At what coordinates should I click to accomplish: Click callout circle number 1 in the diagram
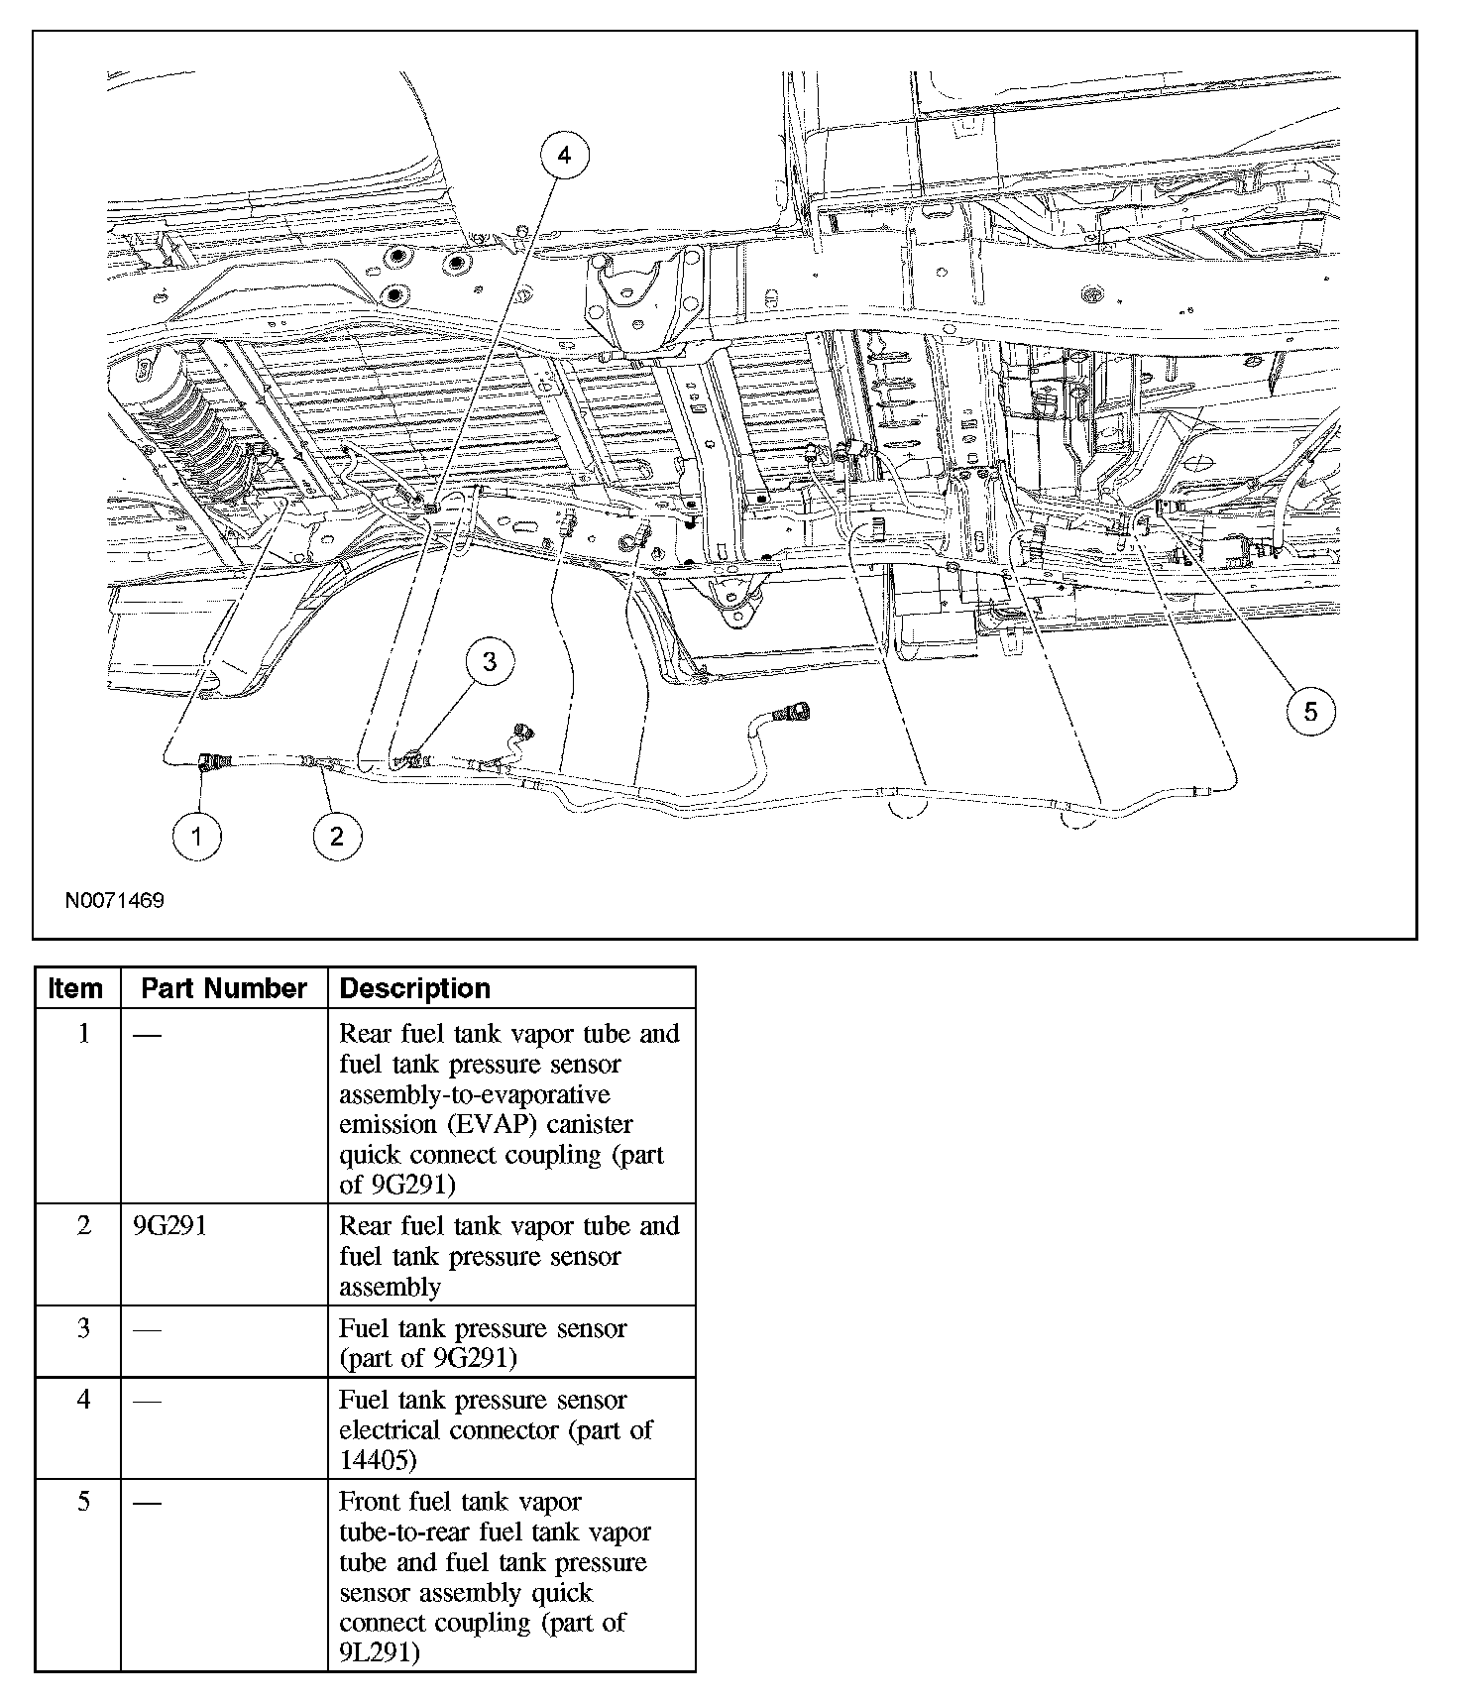click(x=196, y=836)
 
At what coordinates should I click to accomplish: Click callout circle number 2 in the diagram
click(x=336, y=836)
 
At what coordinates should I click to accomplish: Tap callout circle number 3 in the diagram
click(x=490, y=661)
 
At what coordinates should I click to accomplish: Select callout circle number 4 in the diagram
click(x=564, y=156)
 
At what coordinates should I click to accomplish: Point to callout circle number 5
click(x=1310, y=712)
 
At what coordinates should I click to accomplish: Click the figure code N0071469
click(x=114, y=901)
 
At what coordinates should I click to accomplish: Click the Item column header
click(x=76, y=988)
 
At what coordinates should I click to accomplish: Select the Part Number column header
click(x=224, y=988)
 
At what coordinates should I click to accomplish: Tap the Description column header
click(x=414, y=988)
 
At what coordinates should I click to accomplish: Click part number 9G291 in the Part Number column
click(x=169, y=1226)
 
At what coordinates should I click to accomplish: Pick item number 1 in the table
click(x=83, y=1033)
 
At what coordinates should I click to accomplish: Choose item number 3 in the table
click(x=83, y=1328)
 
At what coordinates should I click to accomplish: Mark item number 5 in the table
click(x=83, y=1502)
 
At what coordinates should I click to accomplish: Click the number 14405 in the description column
click(x=378, y=1460)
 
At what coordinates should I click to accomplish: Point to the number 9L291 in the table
click(x=378, y=1652)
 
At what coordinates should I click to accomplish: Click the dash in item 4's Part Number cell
click(x=147, y=1400)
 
